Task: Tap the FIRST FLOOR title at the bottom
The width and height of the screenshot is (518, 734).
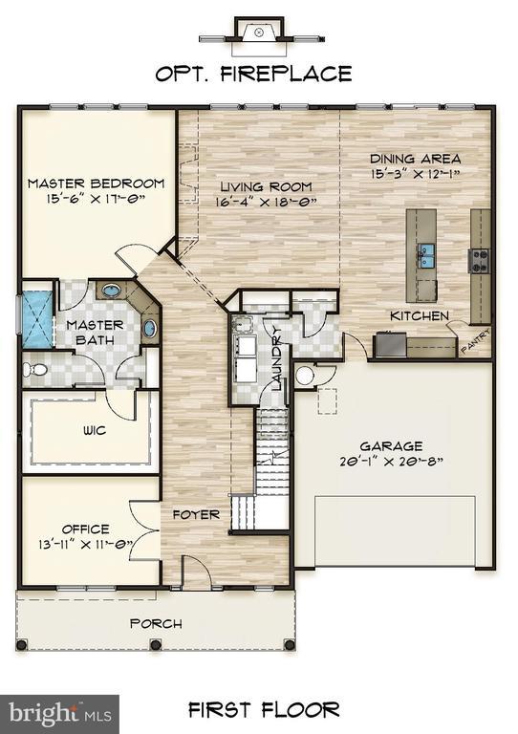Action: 263,709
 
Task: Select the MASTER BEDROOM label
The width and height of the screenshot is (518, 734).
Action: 96,183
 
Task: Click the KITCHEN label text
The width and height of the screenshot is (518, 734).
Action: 419,315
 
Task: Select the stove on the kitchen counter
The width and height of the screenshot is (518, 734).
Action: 478,260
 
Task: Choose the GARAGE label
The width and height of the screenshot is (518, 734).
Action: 391,445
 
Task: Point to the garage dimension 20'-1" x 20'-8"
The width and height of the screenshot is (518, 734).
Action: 391,461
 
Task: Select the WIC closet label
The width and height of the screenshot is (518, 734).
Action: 94,430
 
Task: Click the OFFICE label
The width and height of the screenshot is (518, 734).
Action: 86,529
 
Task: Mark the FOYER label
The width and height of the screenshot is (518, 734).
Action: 196,514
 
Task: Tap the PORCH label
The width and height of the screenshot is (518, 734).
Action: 156,624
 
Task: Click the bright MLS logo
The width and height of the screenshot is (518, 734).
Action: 59,713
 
